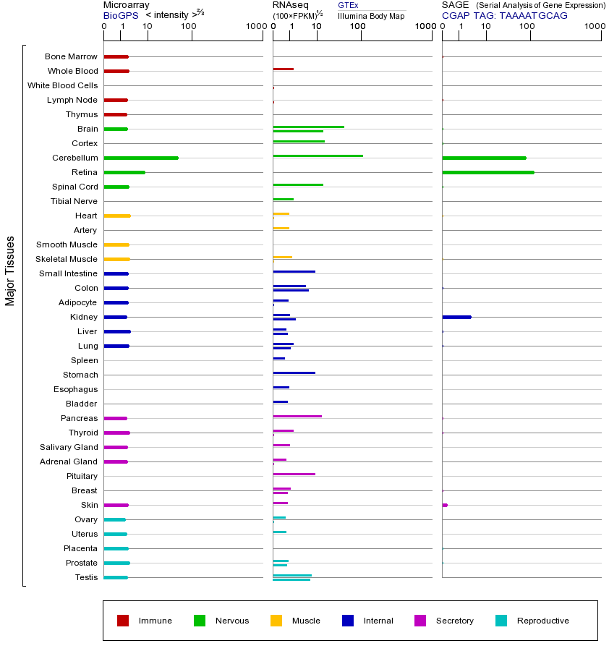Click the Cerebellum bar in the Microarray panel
141,158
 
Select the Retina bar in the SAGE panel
487,172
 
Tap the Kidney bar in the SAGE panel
456,317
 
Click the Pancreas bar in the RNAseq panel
297,416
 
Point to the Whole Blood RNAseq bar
283,69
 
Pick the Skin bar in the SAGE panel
445,505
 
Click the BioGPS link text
119,15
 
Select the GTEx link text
348,5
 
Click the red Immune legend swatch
123,621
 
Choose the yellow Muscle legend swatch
276,621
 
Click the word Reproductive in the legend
543,621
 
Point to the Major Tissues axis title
10,271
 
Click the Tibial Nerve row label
74,201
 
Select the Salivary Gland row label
69,447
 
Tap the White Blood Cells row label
62,85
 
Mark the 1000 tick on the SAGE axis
595,27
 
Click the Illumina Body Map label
371,16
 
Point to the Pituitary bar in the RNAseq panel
294,474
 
